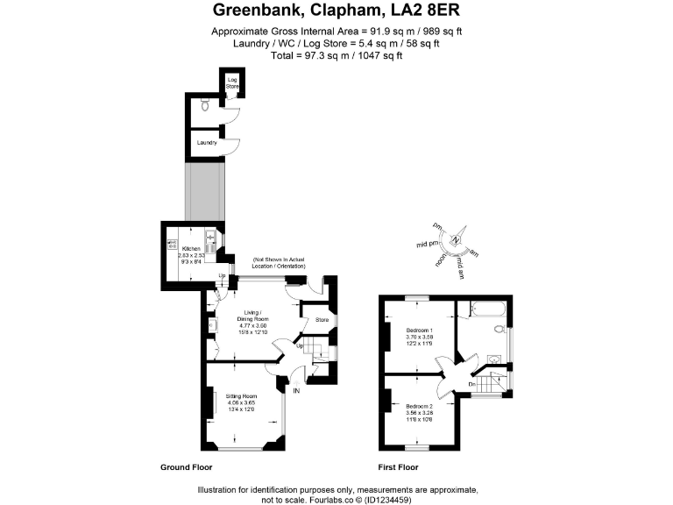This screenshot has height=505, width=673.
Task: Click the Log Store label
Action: (233, 84)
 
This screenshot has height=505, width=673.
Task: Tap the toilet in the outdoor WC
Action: (203, 104)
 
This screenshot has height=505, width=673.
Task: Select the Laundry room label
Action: (206, 142)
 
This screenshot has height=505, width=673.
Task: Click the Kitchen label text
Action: (192, 249)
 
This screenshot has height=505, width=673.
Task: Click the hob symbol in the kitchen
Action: (173, 245)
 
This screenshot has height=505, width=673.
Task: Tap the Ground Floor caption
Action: (184, 467)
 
